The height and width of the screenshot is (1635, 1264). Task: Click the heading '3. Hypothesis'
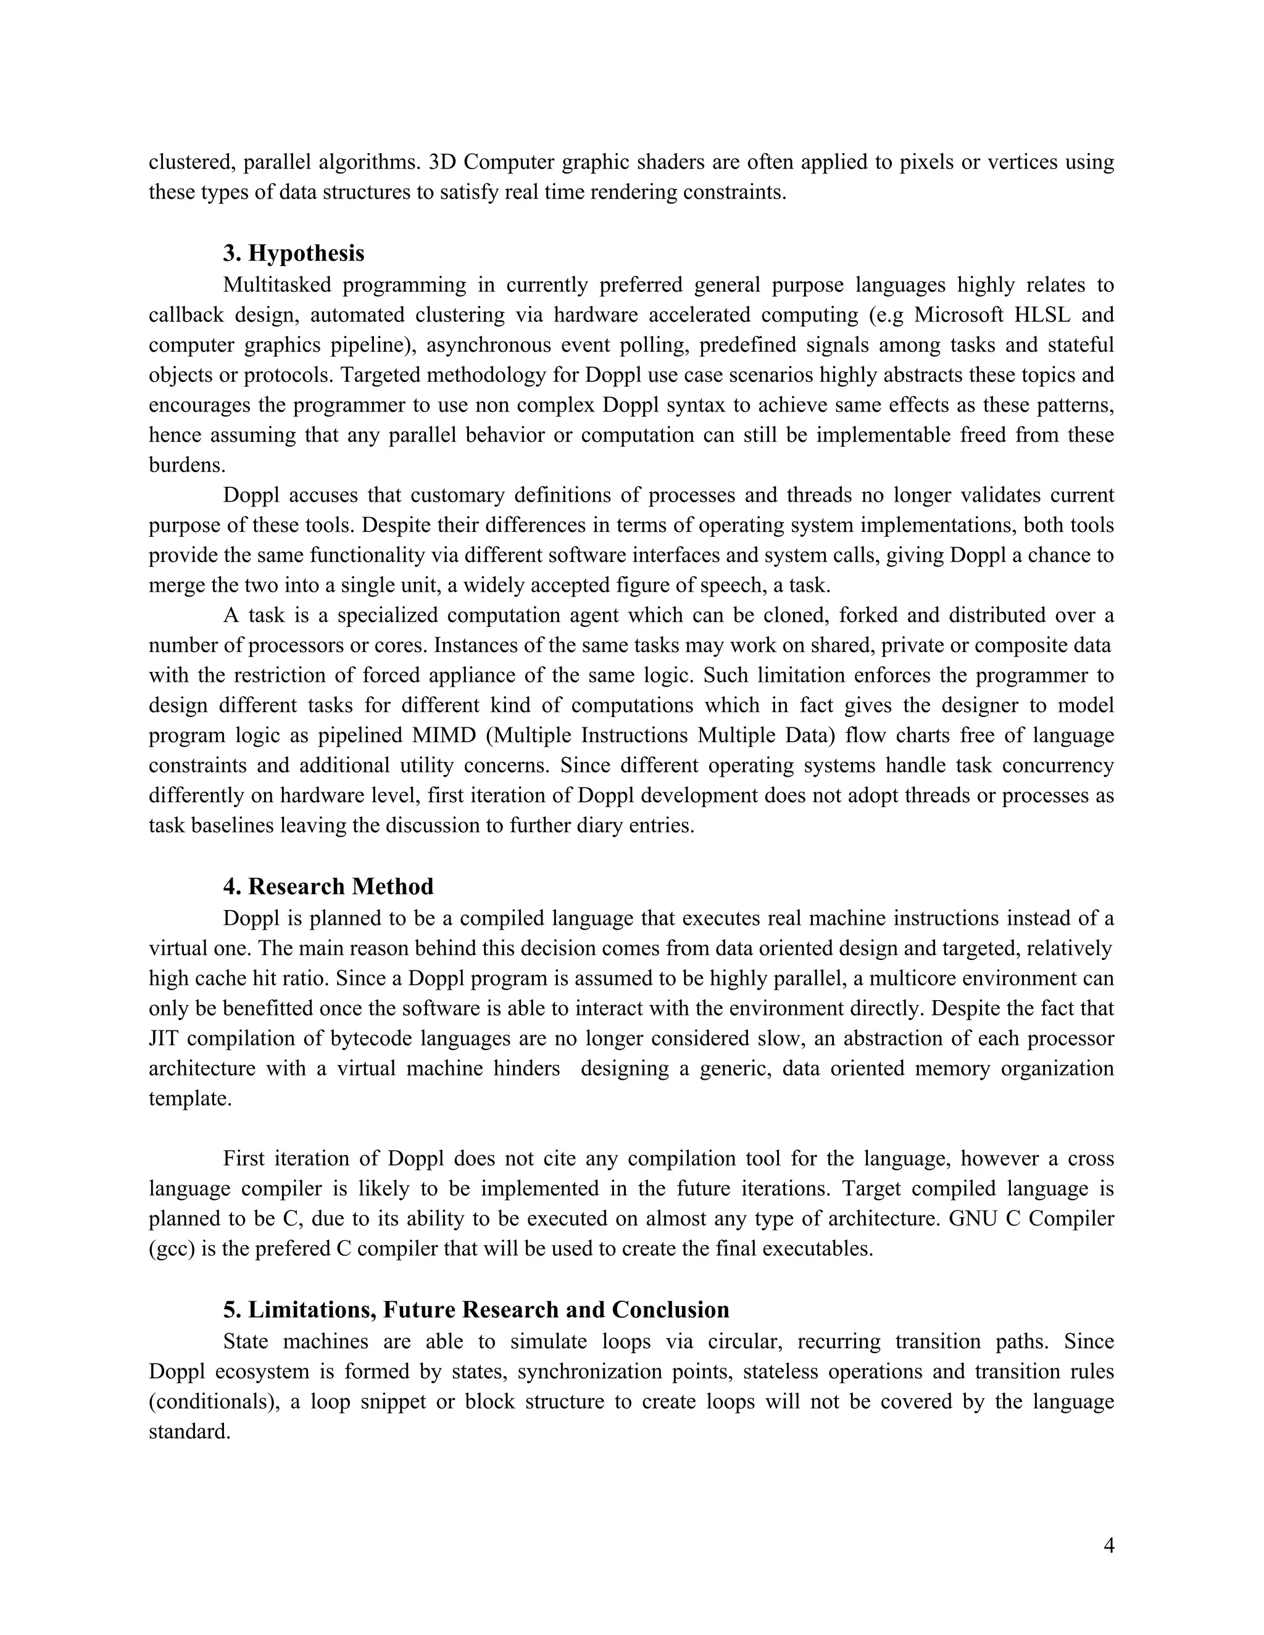coord(294,253)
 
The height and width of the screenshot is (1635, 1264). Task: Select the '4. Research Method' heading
coord(328,887)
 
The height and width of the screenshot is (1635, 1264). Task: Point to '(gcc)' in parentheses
coord(172,1249)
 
